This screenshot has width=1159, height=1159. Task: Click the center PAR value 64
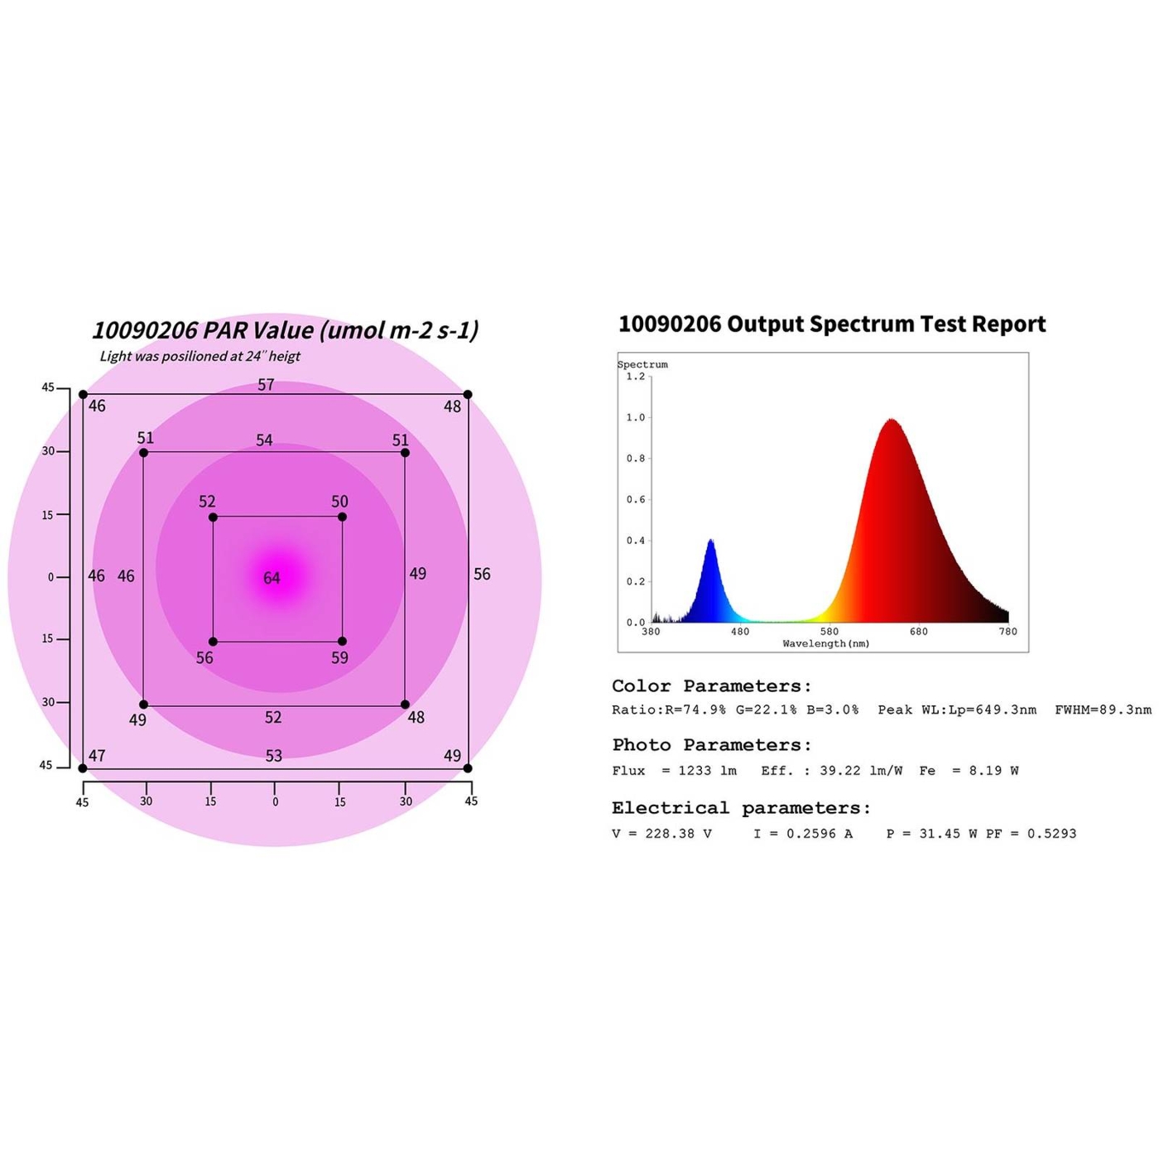click(x=272, y=578)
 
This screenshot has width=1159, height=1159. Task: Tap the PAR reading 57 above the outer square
click(x=266, y=385)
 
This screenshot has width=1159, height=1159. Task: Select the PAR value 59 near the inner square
click(x=339, y=658)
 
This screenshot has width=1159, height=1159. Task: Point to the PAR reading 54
click(x=264, y=440)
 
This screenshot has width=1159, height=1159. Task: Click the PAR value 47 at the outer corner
click(x=97, y=756)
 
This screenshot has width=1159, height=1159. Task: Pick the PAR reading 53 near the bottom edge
click(x=273, y=756)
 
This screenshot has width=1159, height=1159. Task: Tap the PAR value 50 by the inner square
click(x=339, y=502)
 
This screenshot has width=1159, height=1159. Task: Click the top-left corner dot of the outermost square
click(x=83, y=395)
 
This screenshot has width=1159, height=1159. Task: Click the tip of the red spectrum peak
click(x=892, y=420)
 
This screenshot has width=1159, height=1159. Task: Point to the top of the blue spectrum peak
click(x=711, y=540)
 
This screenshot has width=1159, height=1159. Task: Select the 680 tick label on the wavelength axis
click(x=919, y=632)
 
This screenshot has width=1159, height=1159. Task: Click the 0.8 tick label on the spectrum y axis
click(x=635, y=459)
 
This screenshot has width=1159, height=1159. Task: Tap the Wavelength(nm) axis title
click(x=826, y=643)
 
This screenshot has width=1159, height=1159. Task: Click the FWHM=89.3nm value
click(x=1103, y=709)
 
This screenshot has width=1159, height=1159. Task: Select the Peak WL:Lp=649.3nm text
click(x=957, y=709)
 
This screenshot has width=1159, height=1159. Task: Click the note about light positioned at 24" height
click(x=200, y=356)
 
